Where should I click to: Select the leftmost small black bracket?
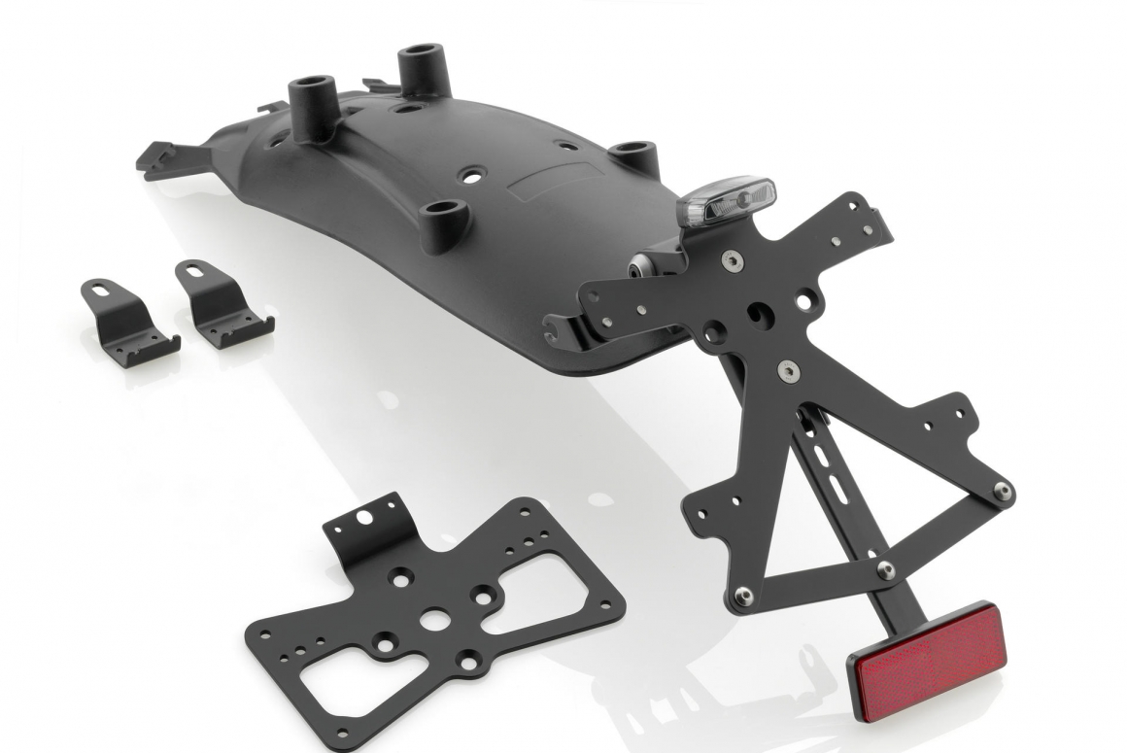129,314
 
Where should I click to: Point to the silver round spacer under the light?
645,265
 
